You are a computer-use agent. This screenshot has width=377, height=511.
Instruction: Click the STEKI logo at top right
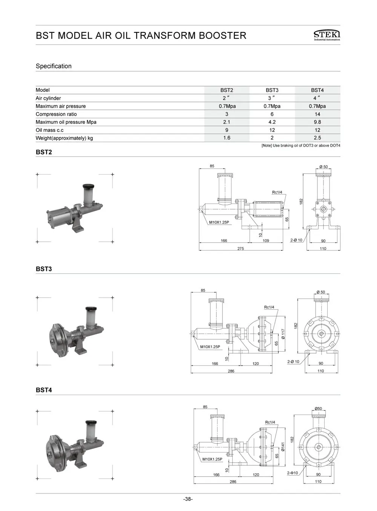326,35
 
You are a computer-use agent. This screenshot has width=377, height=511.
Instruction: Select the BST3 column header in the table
272,90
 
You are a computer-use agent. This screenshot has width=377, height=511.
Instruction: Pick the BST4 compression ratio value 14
317,114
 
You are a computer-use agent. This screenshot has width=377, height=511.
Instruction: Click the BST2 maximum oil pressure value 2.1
227,122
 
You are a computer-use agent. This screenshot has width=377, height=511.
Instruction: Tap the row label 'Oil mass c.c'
49,130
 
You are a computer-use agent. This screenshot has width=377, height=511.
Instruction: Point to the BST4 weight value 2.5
317,138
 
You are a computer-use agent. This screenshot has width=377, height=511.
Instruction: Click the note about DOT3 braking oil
300,145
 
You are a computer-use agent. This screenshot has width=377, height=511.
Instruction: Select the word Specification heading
54,66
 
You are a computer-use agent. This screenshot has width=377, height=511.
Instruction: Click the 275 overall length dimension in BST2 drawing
241,249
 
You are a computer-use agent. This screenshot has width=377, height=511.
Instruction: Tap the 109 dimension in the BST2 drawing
266,241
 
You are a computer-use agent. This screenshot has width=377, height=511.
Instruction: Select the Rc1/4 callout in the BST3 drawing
269,307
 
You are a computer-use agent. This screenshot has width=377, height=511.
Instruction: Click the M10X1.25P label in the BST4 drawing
212,459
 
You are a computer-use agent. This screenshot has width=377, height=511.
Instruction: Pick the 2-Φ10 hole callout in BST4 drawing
293,473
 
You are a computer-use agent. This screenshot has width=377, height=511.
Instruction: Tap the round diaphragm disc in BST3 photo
59,337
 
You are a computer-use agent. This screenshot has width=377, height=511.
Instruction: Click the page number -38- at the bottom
188,499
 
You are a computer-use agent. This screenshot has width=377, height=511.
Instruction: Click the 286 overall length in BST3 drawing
231,371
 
